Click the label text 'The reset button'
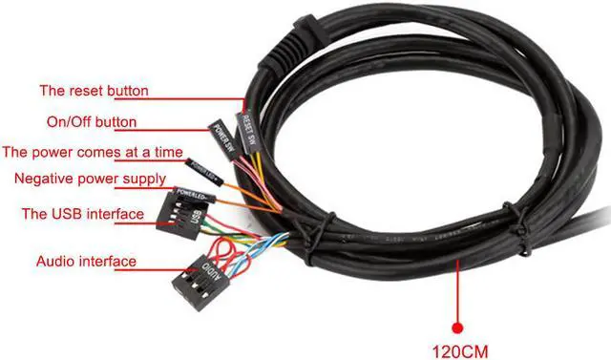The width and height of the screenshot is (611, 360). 94,92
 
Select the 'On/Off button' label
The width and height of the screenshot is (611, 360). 92,122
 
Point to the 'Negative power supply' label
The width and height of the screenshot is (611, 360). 90,179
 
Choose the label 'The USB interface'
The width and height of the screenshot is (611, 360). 83,214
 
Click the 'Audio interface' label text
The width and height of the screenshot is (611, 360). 86,261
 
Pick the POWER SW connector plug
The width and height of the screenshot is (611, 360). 222,138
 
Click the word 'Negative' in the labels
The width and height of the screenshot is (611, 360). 44,179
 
